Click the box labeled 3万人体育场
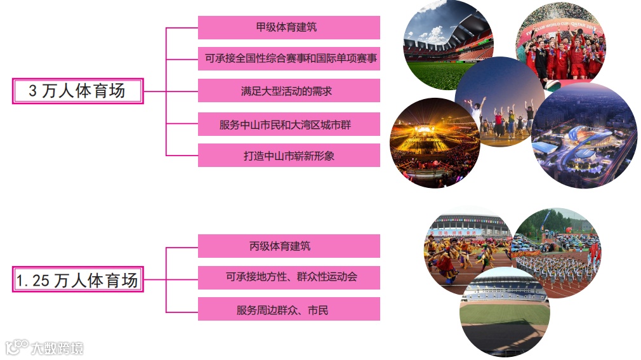pos(77,91)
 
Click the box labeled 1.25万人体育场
pos(77,279)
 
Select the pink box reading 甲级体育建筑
pos(289,28)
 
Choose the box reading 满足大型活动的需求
pos(289,91)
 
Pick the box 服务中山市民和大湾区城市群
pos(289,124)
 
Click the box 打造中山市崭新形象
pos(289,156)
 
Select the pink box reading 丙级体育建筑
pos(289,246)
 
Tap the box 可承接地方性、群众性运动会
pos(289,277)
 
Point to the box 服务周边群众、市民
pos(289,309)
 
